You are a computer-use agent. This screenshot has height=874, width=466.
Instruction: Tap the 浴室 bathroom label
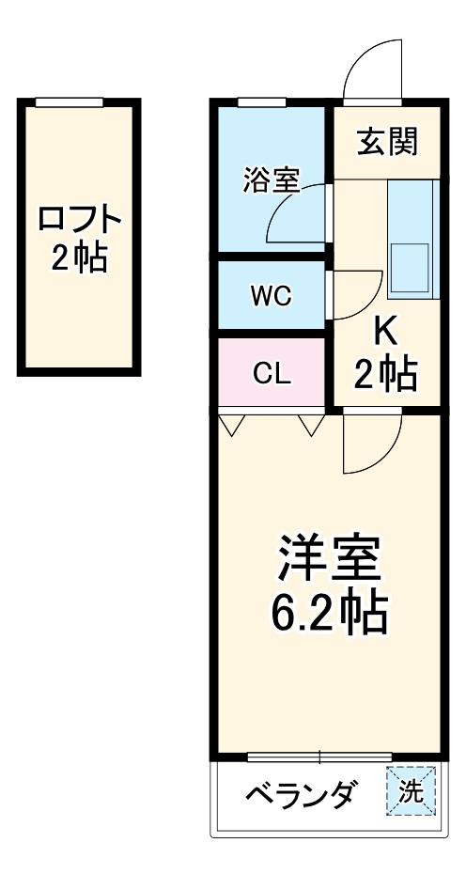pos(271,179)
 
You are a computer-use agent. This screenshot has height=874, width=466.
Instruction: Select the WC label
pos(271,295)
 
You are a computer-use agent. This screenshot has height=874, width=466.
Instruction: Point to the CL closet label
pos(272,373)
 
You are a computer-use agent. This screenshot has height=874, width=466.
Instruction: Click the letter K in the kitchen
pos(384,331)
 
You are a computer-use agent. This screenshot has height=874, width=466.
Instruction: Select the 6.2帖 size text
pos(329,614)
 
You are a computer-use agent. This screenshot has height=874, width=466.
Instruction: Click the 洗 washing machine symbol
pos(412,792)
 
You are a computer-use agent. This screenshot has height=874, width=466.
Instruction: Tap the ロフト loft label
pos(80,220)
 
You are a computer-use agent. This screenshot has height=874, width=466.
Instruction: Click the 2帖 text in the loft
pos(79,258)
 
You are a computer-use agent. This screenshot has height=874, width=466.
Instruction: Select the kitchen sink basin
pos(409,266)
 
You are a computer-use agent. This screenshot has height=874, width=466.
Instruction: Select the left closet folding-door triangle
pos(232,426)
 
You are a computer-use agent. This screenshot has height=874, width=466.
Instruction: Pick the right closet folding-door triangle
pos(311,426)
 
